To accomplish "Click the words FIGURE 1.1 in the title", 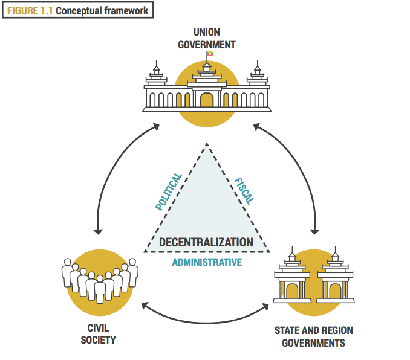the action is (30, 11).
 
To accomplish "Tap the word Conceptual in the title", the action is (79, 11).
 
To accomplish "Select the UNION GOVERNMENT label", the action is (207, 39).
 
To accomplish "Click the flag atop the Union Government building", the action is (210, 53).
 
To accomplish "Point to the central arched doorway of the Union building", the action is (207, 100).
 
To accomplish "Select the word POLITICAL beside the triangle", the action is (169, 191).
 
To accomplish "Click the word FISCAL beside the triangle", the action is (244, 191).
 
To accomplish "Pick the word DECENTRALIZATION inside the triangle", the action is (206, 242).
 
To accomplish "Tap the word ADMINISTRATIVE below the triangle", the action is (207, 262).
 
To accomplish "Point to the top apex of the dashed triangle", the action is (207, 143).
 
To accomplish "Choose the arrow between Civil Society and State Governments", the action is (206, 323).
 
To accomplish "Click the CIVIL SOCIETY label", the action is (98, 334).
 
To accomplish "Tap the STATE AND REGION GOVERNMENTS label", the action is (313, 337).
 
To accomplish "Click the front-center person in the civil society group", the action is (100, 289).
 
